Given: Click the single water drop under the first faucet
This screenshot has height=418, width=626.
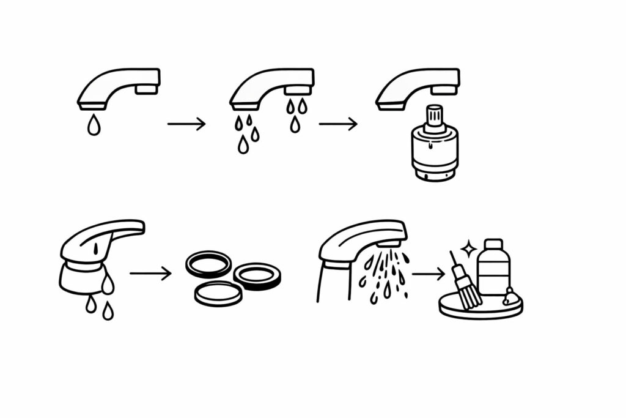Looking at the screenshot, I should coord(94,125).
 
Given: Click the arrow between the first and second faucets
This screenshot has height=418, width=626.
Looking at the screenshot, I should coord(186,124).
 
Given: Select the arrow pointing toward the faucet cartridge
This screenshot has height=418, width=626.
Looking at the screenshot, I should coord(337,124).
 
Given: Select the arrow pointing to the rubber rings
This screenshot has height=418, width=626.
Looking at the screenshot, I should coord(150,273).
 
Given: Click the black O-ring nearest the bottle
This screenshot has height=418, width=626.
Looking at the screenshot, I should coord(257,276).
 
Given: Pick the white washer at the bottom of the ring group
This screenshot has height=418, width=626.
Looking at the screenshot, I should coord(218,293).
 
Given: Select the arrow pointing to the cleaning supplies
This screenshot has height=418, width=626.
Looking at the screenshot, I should coord(428,274).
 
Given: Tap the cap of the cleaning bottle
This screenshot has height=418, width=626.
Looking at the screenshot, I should coord(493,244).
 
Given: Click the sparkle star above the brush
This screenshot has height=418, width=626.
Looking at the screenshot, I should coord(469,248).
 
